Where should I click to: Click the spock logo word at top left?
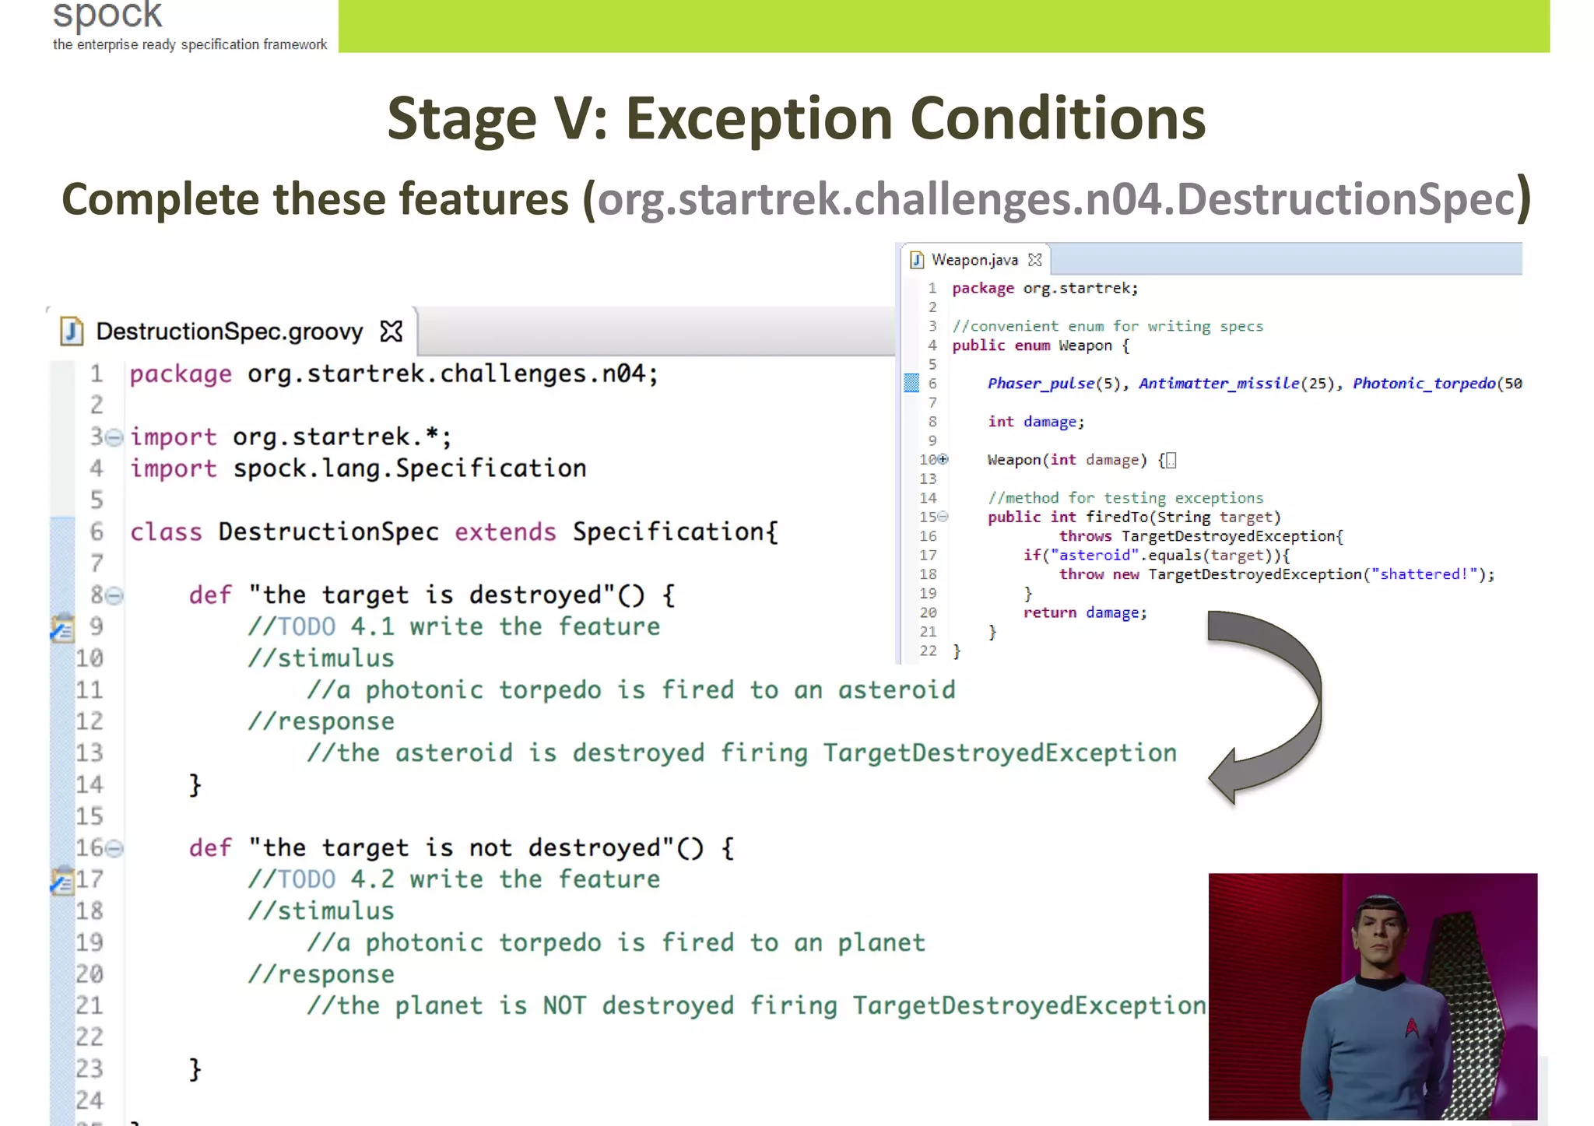107,14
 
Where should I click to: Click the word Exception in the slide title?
759,118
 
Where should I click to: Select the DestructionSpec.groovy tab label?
229,331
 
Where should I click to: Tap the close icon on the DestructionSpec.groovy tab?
391,331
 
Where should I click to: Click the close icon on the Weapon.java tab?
1034,260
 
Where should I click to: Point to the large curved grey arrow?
1276,700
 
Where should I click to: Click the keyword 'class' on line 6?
166,532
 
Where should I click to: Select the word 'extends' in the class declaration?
505,532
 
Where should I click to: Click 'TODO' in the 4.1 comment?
307,627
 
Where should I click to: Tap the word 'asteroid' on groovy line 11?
896,690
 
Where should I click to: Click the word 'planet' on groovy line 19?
881,943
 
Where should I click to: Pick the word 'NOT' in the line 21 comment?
564,1006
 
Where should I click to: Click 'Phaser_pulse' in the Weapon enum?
1041,384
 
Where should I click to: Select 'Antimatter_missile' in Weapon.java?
1219,384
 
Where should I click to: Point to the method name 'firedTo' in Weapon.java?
1117,517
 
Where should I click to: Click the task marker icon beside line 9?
62,627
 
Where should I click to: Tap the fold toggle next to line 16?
114,848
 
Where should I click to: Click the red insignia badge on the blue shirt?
1412,1028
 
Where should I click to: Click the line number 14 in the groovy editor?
90,784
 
